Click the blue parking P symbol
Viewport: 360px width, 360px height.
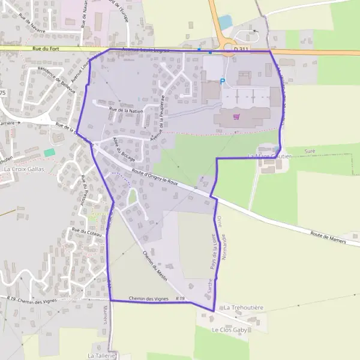pos(223,82)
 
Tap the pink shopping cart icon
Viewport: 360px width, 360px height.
pos(236,116)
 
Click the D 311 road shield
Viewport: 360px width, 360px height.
pos(241,49)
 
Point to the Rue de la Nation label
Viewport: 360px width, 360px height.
pos(127,110)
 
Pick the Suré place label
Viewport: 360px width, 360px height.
pos(310,151)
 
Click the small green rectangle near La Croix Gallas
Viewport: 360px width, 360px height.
pos(49,153)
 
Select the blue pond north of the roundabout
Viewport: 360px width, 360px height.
pos(225,22)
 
